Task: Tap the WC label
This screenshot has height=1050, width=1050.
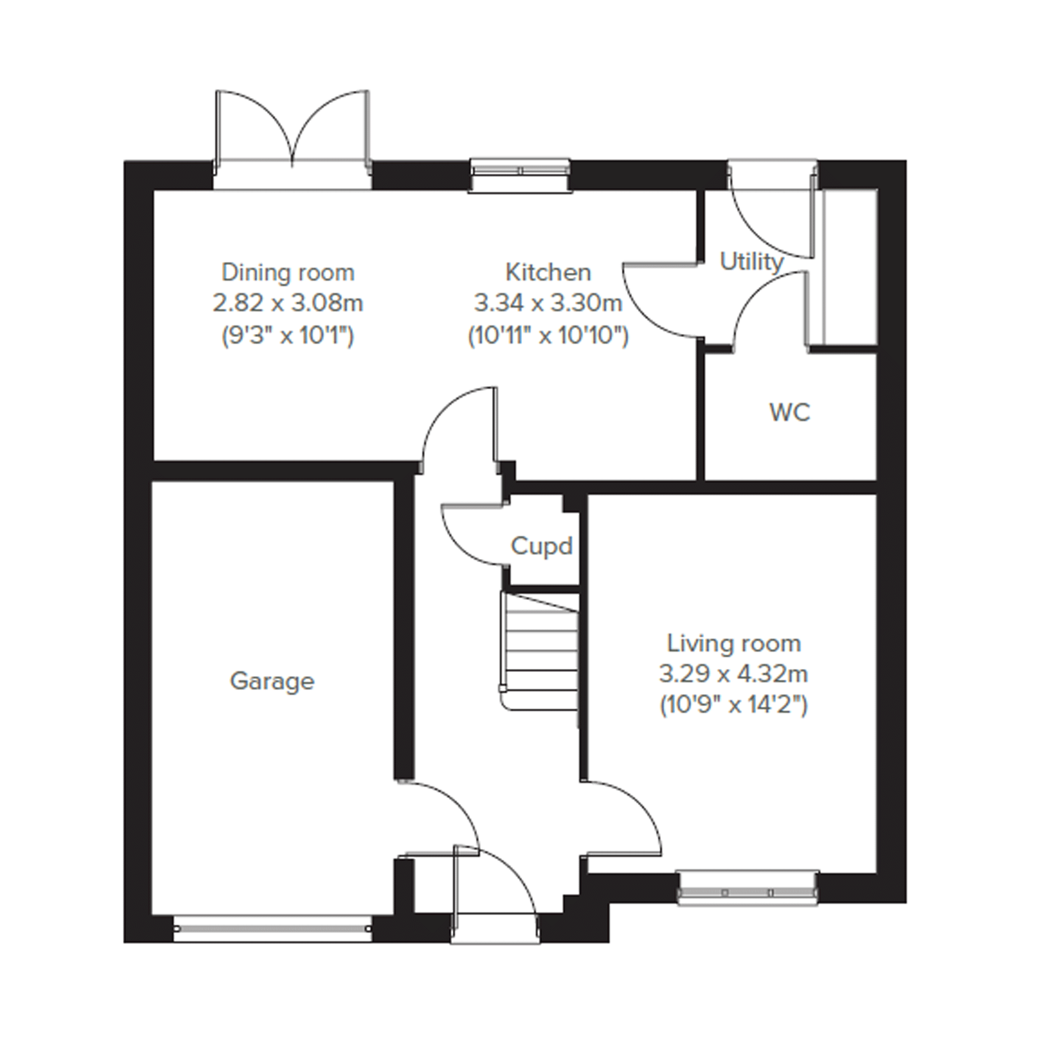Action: click(x=790, y=413)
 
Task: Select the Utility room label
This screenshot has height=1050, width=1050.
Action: click(x=752, y=262)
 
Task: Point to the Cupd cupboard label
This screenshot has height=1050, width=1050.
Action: click(x=542, y=547)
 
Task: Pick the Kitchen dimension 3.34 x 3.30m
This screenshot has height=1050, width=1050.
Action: click(x=548, y=303)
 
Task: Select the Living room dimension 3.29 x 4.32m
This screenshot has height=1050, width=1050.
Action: click(x=734, y=675)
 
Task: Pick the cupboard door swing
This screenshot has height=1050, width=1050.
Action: click(x=473, y=535)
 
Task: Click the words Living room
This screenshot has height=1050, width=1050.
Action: click(x=734, y=643)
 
